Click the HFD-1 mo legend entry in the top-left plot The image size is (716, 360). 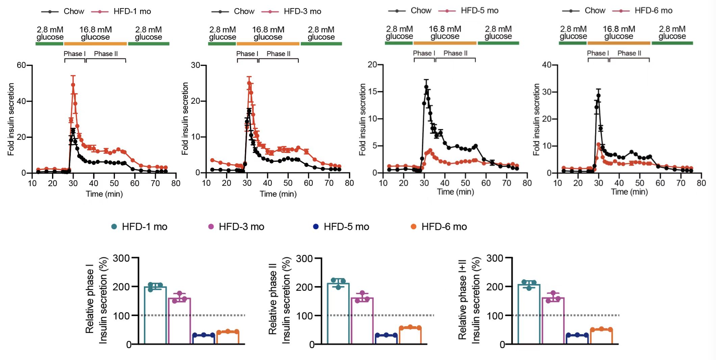132,11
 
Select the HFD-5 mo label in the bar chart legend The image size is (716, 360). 346,227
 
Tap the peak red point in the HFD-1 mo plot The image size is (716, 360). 73,85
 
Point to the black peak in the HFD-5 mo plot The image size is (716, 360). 426,87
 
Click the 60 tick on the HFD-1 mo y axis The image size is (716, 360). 22,65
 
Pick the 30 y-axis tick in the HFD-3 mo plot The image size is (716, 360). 196,65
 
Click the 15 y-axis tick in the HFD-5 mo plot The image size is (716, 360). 373,92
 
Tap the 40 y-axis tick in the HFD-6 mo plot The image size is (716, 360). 547,65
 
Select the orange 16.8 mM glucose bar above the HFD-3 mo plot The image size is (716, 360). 268,44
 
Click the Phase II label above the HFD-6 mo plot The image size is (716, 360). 629,53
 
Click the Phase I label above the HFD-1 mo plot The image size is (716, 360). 74,54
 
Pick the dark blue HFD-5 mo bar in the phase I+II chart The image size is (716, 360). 577,339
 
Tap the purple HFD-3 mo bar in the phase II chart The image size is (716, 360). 362,321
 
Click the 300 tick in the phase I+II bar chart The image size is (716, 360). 495,258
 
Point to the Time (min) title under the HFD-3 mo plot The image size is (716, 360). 278,194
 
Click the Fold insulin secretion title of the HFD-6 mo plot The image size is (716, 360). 536,120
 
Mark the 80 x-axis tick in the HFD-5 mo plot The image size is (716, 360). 527,183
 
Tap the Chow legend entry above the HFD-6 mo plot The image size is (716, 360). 594,11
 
